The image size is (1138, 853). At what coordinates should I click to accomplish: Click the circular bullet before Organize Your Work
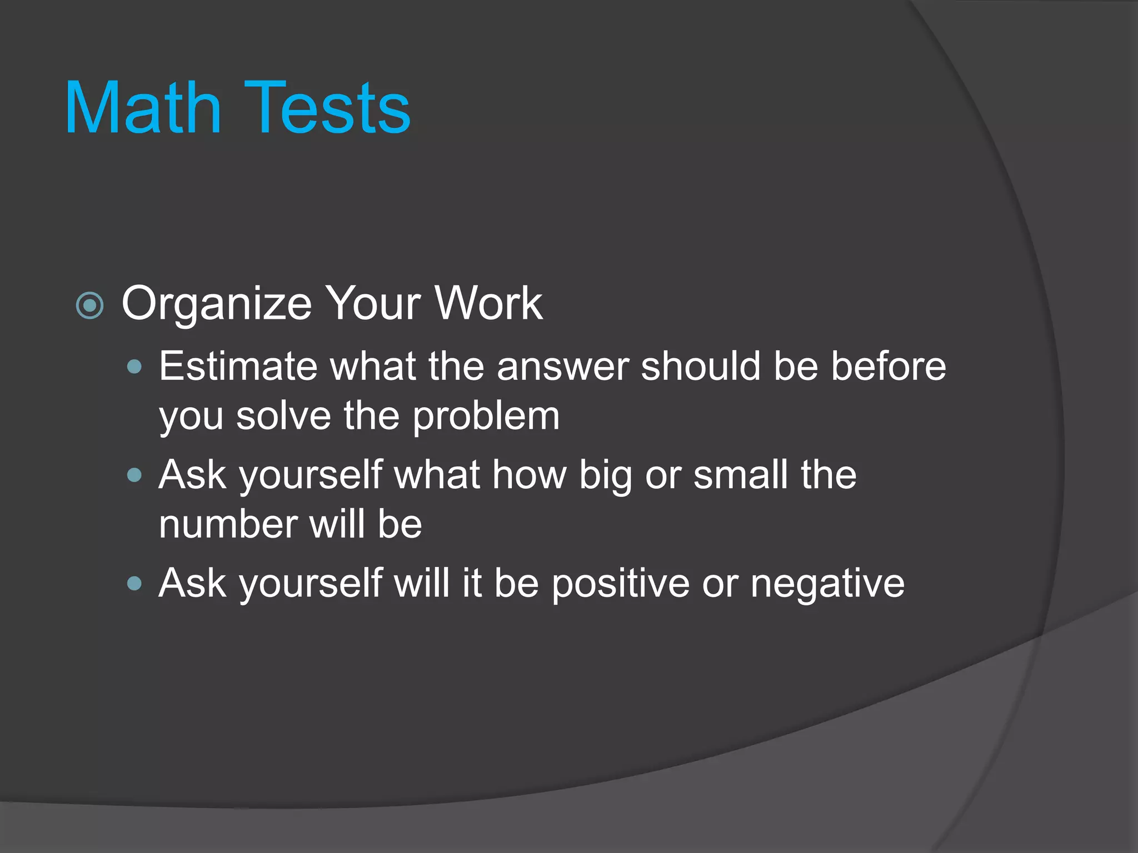(x=89, y=305)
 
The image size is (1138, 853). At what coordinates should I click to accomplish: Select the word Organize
(x=217, y=304)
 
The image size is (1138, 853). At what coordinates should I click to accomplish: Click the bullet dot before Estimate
(x=134, y=367)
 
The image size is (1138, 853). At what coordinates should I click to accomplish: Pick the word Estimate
(x=238, y=367)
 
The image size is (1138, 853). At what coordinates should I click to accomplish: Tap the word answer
(x=562, y=368)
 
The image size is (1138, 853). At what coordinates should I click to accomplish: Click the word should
(x=701, y=367)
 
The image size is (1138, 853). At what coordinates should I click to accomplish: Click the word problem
(x=486, y=418)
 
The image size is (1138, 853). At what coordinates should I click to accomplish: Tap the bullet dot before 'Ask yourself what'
(x=134, y=475)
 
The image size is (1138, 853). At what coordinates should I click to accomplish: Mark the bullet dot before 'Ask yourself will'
(x=134, y=583)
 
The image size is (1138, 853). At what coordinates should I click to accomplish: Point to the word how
(x=529, y=475)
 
